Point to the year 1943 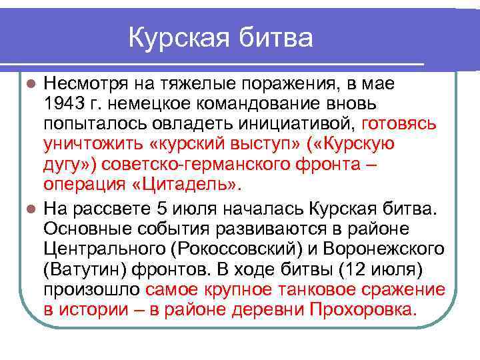tap(65, 104)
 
